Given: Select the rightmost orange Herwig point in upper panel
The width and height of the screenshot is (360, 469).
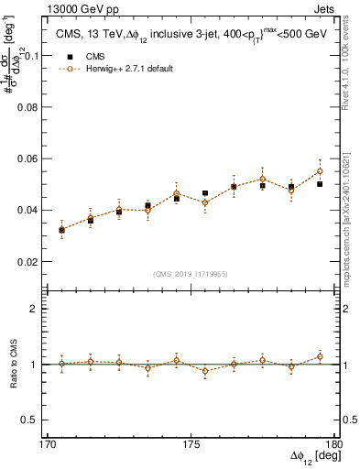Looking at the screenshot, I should [320, 171].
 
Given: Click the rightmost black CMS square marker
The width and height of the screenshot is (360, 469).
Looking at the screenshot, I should [320, 184].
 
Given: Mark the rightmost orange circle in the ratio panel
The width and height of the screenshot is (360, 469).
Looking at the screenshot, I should [320, 356].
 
